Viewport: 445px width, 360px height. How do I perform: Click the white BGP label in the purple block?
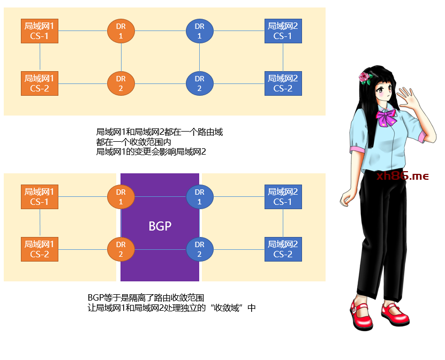pyautogui.click(x=160, y=226)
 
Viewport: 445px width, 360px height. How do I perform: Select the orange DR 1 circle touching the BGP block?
pyautogui.click(x=121, y=197)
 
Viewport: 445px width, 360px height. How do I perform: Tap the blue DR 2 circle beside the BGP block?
pyautogui.click(x=199, y=249)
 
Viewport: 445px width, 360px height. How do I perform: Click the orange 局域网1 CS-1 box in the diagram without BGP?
pyautogui.click(x=40, y=31)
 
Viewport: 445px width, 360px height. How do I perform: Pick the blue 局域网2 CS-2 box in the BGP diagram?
pyautogui.click(x=283, y=249)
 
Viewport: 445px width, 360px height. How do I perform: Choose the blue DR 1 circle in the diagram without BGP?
pyautogui.click(x=199, y=31)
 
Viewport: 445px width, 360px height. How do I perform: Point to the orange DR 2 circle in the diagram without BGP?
pyautogui.click(x=121, y=83)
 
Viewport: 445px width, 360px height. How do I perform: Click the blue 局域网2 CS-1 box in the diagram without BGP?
pyautogui.click(x=283, y=31)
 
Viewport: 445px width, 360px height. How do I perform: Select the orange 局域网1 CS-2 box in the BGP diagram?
pyautogui.click(x=40, y=249)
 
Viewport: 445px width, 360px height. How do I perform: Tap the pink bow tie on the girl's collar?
pyautogui.click(x=387, y=118)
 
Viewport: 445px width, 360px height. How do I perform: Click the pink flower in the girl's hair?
pyautogui.click(x=365, y=78)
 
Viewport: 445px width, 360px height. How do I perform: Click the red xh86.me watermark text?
pyautogui.click(x=403, y=176)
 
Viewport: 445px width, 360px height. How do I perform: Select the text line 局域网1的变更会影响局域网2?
pyautogui.click(x=151, y=152)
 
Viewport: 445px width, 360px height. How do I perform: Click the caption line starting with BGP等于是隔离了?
pyautogui.click(x=147, y=297)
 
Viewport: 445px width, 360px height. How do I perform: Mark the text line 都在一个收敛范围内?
pyautogui.click(x=133, y=142)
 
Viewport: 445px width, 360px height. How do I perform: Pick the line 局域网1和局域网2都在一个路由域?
pyautogui.click(x=159, y=132)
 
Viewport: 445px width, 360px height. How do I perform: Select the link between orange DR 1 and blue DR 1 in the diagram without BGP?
pyautogui.click(x=160, y=31)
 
